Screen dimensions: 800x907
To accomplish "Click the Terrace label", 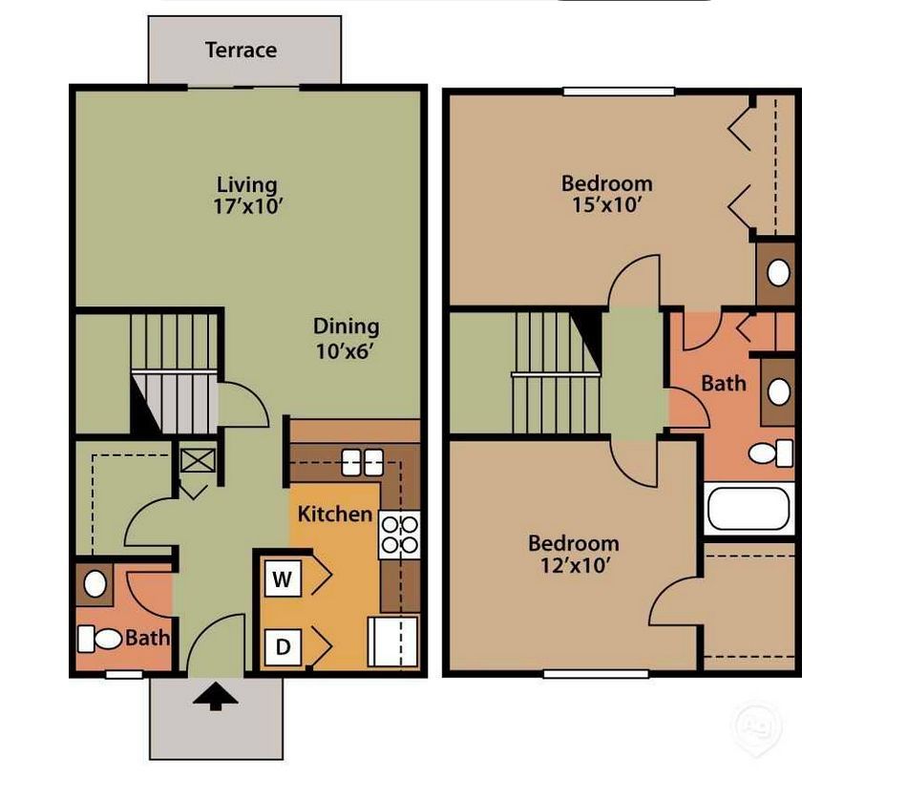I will [x=241, y=50].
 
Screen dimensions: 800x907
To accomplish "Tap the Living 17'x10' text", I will [x=246, y=195].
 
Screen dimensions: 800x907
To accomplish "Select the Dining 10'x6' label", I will [x=347, y=338].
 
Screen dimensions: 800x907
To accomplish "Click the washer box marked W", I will [x=282, y=578].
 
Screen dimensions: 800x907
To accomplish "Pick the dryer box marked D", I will [x=282, y=647].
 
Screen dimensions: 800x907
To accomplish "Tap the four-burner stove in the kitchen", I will [x=400, y=535].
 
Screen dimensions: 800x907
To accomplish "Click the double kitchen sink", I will [x=362, y=462].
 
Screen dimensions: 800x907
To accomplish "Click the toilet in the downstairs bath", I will [x=98, y=637].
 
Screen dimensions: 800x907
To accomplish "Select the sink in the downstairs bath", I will [x=95, y=582].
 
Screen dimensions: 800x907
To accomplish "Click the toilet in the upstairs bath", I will [x=772, y=453].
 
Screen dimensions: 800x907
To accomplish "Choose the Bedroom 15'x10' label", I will [x=606, y=193].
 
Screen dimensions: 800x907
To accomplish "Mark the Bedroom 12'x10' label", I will [x=573, y=554].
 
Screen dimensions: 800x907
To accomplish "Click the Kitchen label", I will [x=335, y=514].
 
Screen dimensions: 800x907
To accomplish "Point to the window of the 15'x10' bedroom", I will [x=619, y=92].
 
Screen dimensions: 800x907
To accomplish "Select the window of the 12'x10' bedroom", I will [x=595, y=674].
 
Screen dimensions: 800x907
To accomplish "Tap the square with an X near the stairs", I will [x=199, y=460].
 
